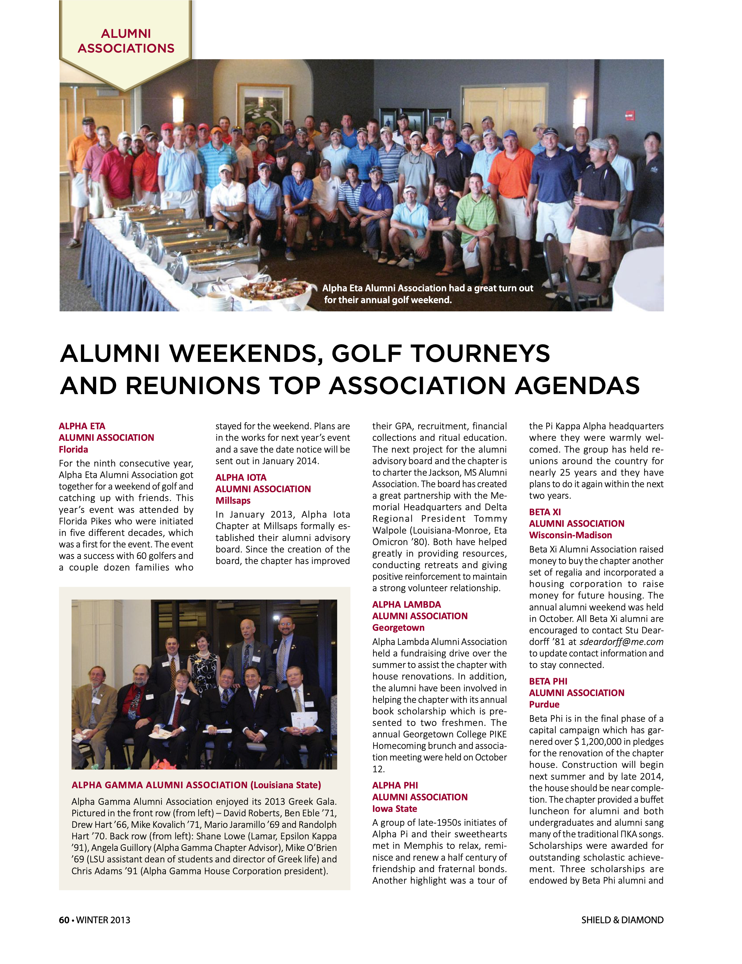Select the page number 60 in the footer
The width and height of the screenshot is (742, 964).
64,920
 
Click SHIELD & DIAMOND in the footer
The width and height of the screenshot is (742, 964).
622,920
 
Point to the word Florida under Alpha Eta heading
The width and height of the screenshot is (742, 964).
73,449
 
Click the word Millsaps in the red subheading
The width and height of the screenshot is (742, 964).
233,500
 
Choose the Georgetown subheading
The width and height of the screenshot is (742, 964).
398,628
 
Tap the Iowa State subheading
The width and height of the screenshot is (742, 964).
394,809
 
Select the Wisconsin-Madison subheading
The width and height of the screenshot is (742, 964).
570,535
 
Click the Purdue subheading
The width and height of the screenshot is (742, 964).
544,704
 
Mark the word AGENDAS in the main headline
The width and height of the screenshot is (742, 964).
577,386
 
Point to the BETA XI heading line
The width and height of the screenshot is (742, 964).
545,512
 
